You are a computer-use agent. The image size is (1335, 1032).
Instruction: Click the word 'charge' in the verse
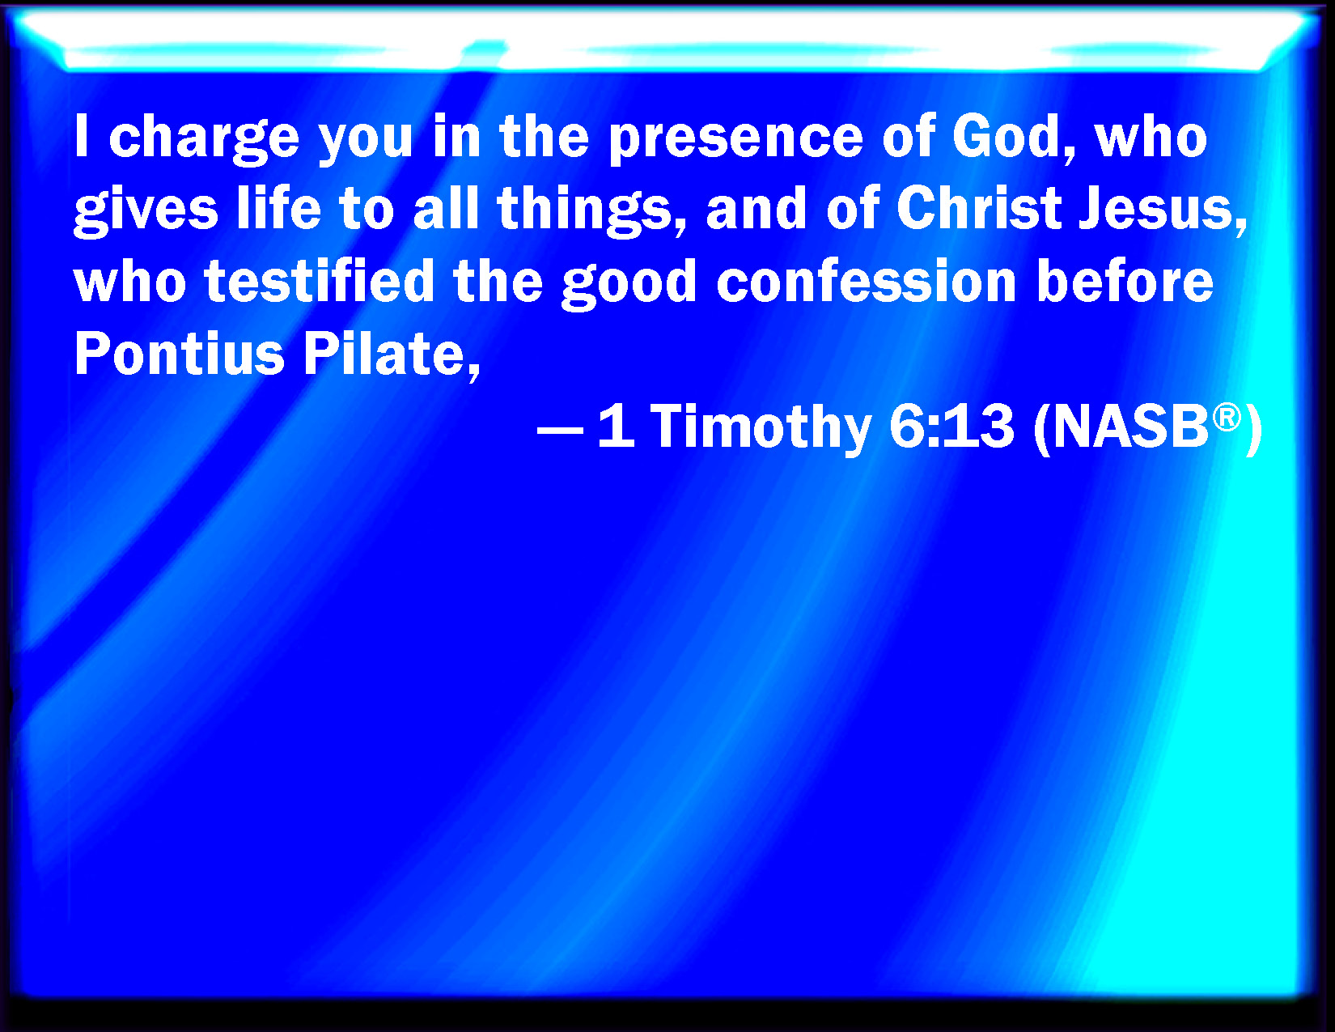tap(204, 140)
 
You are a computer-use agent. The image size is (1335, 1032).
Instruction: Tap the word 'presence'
tap(736, 140)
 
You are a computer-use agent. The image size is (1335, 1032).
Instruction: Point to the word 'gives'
tap(146, 211)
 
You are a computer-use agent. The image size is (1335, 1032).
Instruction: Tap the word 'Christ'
tap(980, 208)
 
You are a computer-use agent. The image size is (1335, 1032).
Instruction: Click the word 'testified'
tap(320, 280)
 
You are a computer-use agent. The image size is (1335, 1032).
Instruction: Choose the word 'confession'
tap(867, 280)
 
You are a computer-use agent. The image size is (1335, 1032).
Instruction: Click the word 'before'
tap(1125, 280)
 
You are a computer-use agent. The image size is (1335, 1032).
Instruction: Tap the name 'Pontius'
tap(180, 353)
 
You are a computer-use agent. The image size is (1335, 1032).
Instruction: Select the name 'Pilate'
tap(392, 355)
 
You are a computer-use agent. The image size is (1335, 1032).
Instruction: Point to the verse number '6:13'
tap(951, 425)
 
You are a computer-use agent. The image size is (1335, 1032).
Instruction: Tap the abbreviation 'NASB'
tap(1131, 425)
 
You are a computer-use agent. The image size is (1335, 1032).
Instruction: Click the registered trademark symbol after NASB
tap(1227, 418)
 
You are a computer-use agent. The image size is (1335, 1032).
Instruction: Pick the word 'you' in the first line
tap(366, 142)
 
